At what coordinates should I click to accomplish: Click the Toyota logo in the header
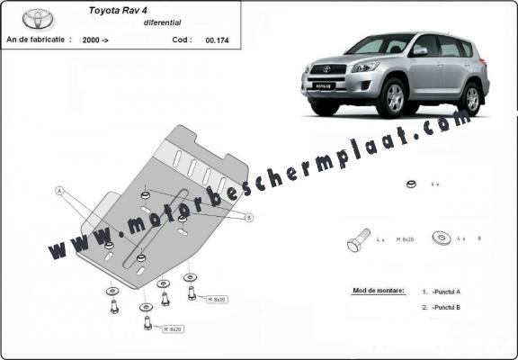(38, 17)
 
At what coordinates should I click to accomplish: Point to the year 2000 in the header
(91, 40)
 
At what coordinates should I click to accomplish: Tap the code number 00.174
(216, 40)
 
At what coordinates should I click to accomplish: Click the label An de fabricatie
(36, 40)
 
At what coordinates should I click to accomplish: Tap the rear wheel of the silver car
(469, 98)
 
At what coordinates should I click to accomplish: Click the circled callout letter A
(60, 191)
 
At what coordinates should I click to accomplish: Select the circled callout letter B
(249, 217)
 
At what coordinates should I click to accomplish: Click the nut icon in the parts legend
(410, 184)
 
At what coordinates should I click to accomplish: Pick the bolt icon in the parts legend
(357, 241)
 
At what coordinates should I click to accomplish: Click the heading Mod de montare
(373, 292)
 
